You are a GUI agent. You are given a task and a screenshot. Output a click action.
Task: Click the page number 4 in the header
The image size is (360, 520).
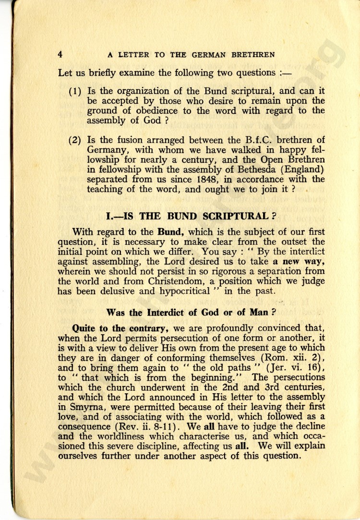coord(60,54)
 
